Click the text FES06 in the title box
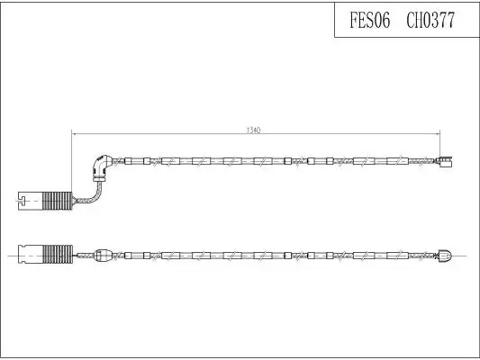(370, 20)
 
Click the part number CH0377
(430, 20)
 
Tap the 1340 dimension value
(253, 130)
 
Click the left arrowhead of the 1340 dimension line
(74, 134)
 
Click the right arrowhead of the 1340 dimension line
(438, 134)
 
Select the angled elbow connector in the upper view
(100, 167)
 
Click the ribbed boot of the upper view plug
(58, 201)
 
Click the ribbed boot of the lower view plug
(58, 255)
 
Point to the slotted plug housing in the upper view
(31, 201)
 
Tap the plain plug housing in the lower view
(31, 255)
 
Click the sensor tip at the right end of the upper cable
(446, 161)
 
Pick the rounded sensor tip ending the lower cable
(445, 255)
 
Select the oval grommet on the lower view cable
(103, 256)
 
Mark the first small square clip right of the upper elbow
(128, 161)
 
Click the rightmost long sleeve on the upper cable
(397, 161)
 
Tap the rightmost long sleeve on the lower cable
(397, 256)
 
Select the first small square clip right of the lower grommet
(128, 256)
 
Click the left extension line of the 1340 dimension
(72, 161)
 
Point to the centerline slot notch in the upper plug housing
(21, 201)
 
